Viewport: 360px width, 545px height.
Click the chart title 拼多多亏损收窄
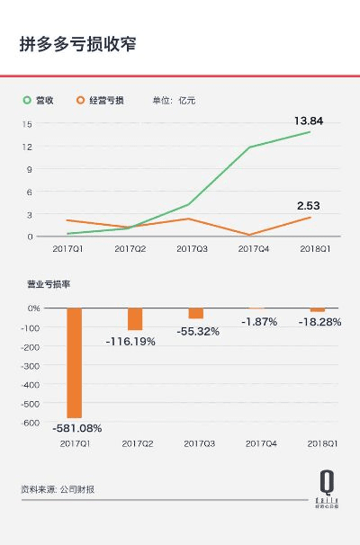[78, 43]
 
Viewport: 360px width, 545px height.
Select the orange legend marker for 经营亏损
[81, 100]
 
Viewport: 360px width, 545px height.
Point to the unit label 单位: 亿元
[174, 100]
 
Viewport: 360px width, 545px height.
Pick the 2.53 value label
[309, 206]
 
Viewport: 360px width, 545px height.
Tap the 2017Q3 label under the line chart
[193, 248]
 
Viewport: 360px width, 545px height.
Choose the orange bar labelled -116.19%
[135, 319]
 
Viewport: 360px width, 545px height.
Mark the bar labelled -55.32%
[195, 313]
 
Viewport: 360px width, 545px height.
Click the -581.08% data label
[77, 428]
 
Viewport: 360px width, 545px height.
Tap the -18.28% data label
[319, 321]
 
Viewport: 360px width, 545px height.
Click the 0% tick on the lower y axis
[33, 308]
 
